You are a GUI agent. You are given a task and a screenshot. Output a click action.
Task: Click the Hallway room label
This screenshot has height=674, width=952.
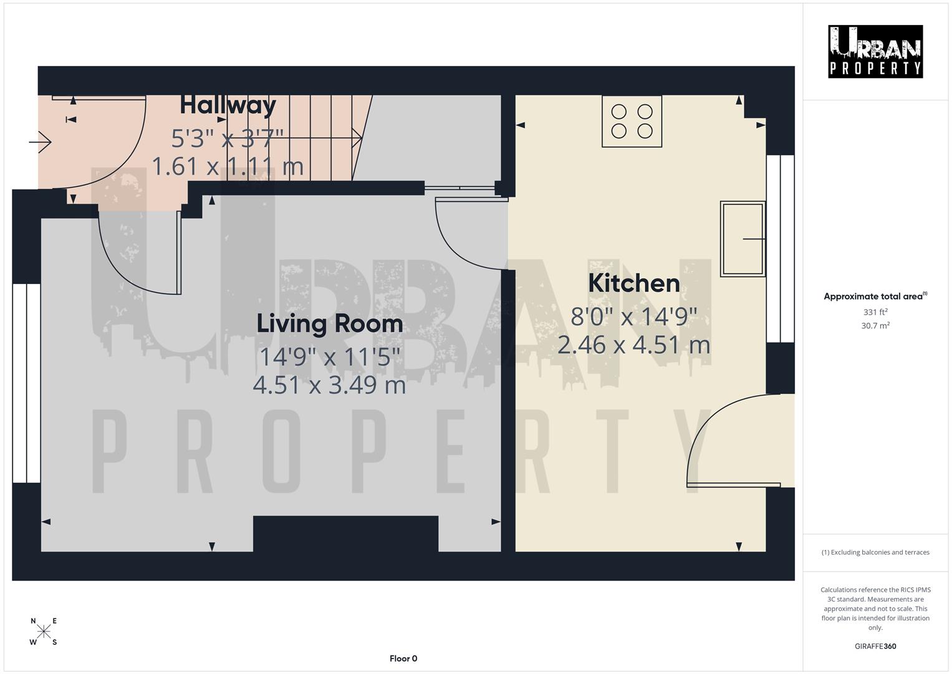point(228,105)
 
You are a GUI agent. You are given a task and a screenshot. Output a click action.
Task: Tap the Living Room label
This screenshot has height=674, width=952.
point(330,323)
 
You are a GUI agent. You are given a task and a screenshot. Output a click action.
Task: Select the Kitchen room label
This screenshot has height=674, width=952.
point(634,283)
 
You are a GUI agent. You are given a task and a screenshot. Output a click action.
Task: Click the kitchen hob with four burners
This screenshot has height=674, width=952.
point(632,121)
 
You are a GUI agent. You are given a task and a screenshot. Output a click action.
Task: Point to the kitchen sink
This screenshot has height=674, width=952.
point(743,239)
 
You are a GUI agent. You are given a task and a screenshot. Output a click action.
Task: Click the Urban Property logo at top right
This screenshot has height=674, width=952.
point(875,51)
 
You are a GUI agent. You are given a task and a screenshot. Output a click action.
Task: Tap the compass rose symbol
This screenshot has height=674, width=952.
point(44,632)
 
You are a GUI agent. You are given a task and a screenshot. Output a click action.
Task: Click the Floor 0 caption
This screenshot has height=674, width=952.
point(403,658)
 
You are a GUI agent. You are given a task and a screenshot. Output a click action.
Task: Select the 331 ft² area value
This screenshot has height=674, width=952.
point(875,312)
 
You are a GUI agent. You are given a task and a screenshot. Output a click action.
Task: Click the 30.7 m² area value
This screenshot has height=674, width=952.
point(875,326)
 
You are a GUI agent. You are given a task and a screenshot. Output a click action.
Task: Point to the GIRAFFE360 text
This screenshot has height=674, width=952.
point(875,647)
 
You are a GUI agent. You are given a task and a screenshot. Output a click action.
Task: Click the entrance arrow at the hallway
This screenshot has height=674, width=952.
point(41,143)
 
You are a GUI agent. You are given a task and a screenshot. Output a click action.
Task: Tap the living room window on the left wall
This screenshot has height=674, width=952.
point(26,383)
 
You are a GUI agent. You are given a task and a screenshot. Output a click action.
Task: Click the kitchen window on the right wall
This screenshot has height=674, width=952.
point(781,248)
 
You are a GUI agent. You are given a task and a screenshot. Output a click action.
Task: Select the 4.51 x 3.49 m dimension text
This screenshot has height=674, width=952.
point(329,385)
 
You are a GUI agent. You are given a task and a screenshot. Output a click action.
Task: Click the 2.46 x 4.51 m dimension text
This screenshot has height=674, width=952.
point(633,345)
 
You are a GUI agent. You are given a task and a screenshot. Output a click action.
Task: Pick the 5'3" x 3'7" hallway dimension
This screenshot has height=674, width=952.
point(228,138)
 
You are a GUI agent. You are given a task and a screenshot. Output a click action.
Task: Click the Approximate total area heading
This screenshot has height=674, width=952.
point(875,296)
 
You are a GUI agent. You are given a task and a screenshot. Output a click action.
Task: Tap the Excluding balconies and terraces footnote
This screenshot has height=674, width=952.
point(875,552)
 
